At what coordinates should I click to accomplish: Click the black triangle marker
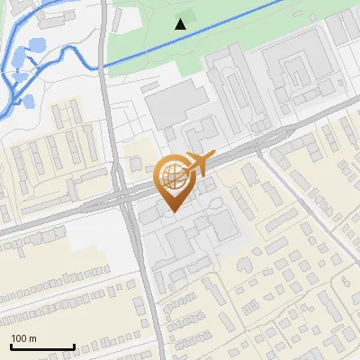tap(182, 24)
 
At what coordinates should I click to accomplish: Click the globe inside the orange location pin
tap(171, 175)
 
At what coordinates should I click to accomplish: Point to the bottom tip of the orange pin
tap(171, 211)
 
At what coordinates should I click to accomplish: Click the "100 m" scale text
tap(24, 338)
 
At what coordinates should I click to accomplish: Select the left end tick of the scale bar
tap(11, 346)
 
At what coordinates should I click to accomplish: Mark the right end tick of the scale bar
tap(74, 346)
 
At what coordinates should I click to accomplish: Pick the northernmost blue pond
tap(40, 44)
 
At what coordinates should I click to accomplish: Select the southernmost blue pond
tap(26, 101)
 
